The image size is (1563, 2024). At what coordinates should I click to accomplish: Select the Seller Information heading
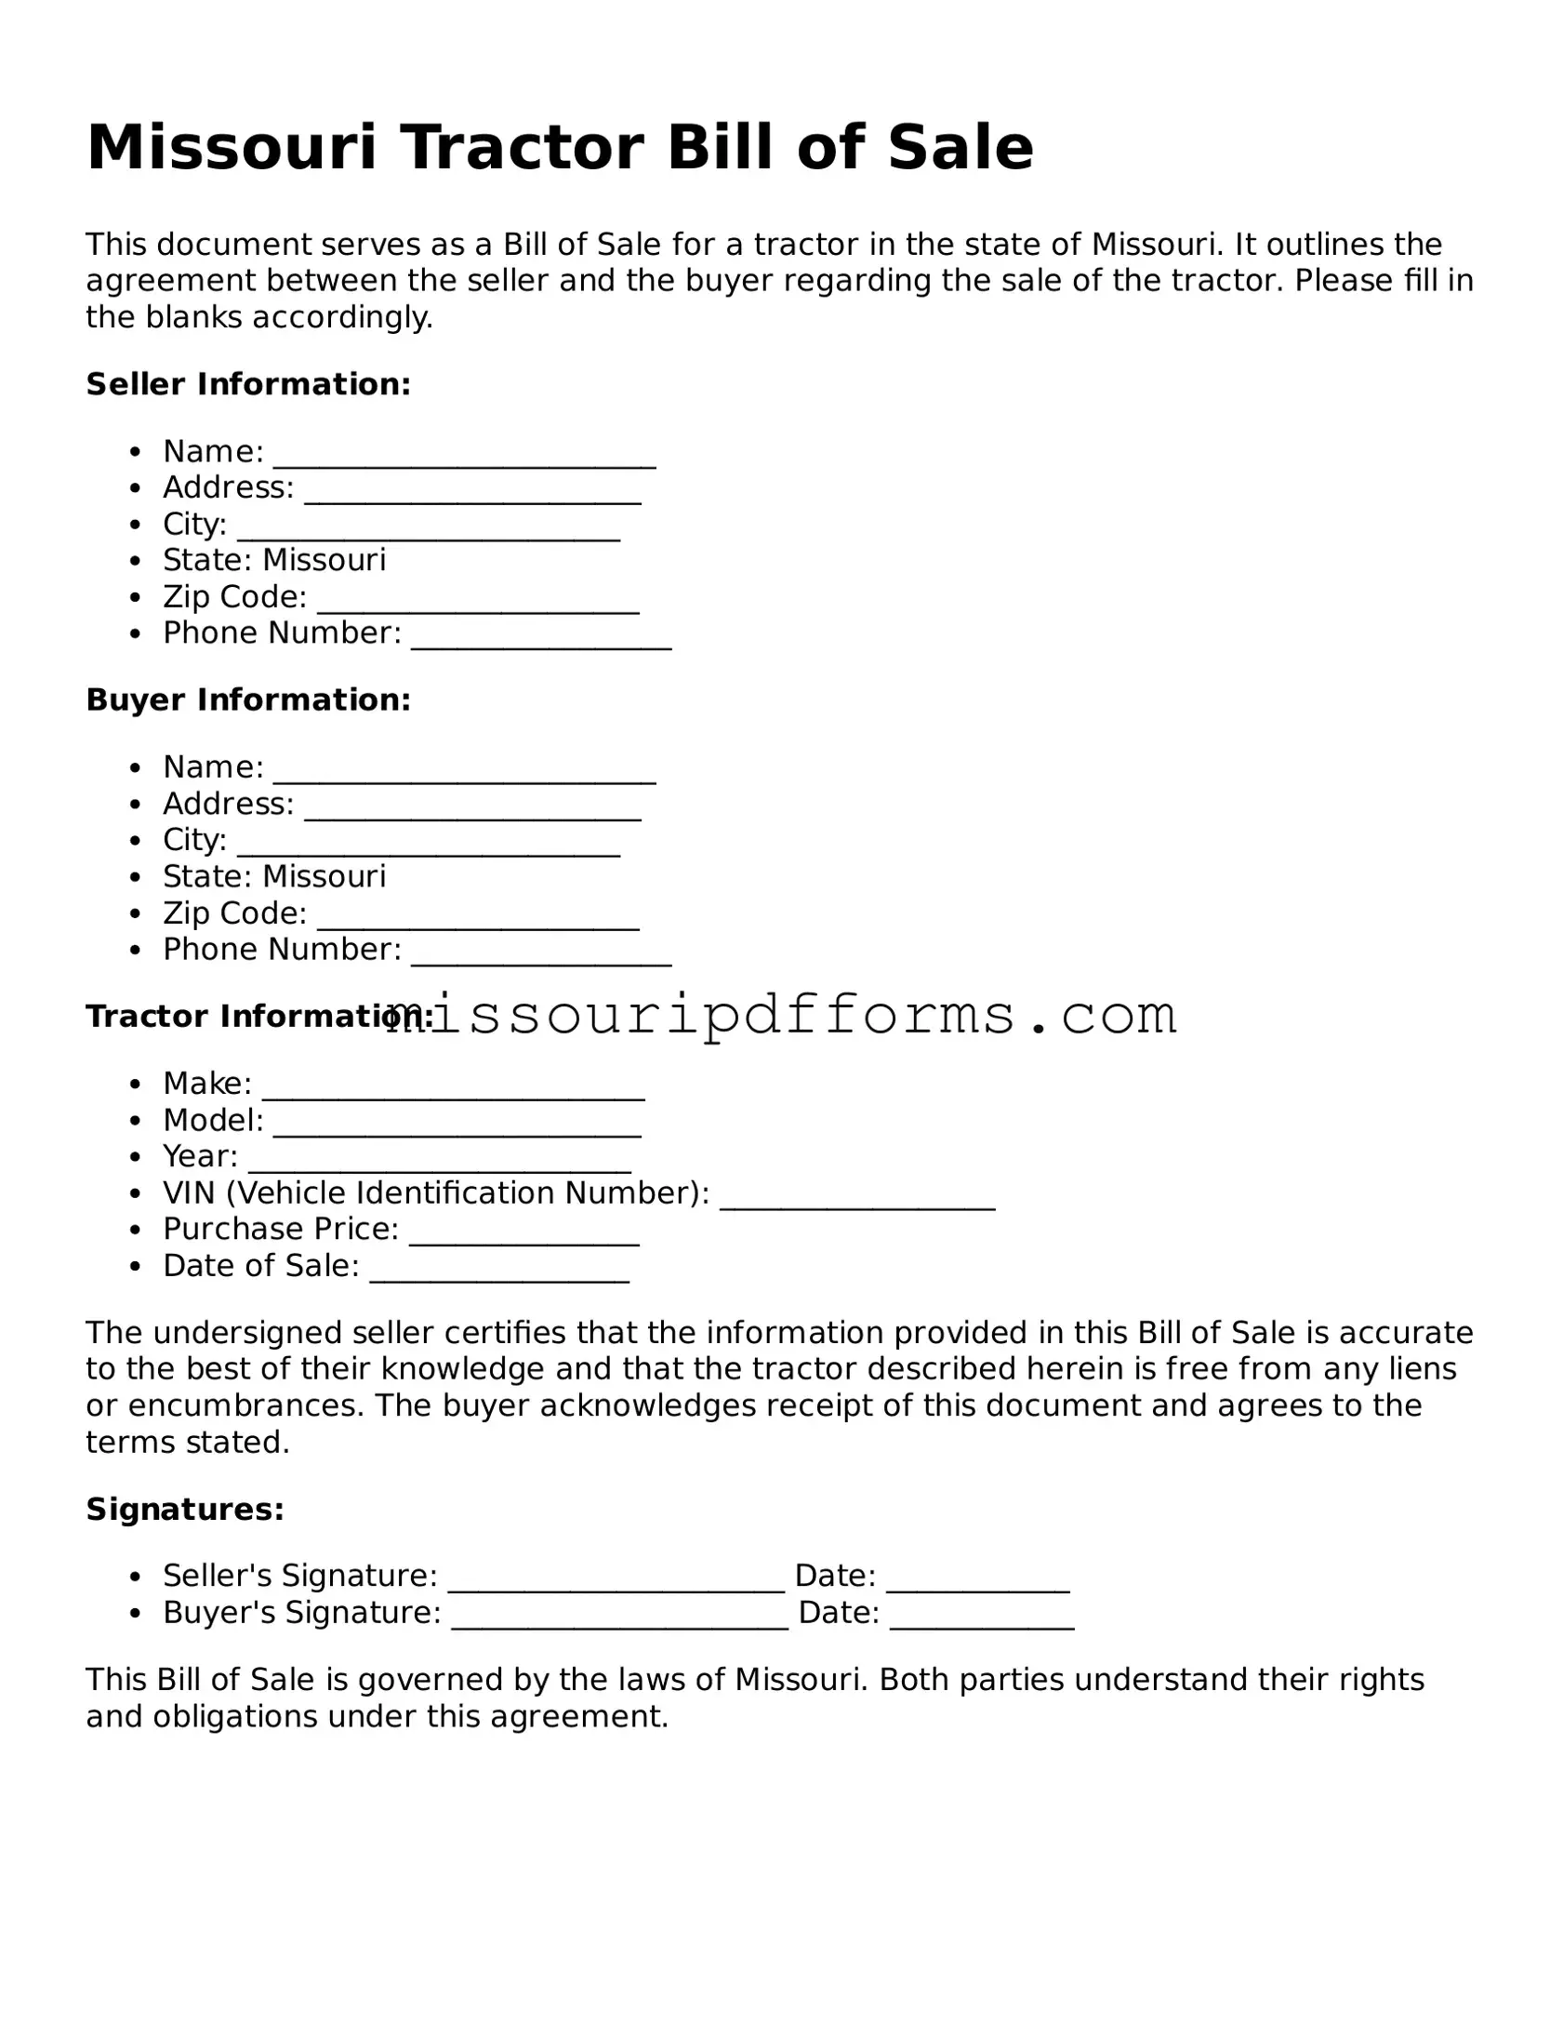point(248,384)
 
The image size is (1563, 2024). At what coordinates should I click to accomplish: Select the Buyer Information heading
point(248,700)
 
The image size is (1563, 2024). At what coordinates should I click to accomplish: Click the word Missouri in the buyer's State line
point(324,876)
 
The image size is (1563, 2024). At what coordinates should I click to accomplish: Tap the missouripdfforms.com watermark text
point(781,1015)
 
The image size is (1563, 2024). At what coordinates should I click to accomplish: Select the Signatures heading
point(185,1510)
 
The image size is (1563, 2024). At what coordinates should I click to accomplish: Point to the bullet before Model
point(137,1121)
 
